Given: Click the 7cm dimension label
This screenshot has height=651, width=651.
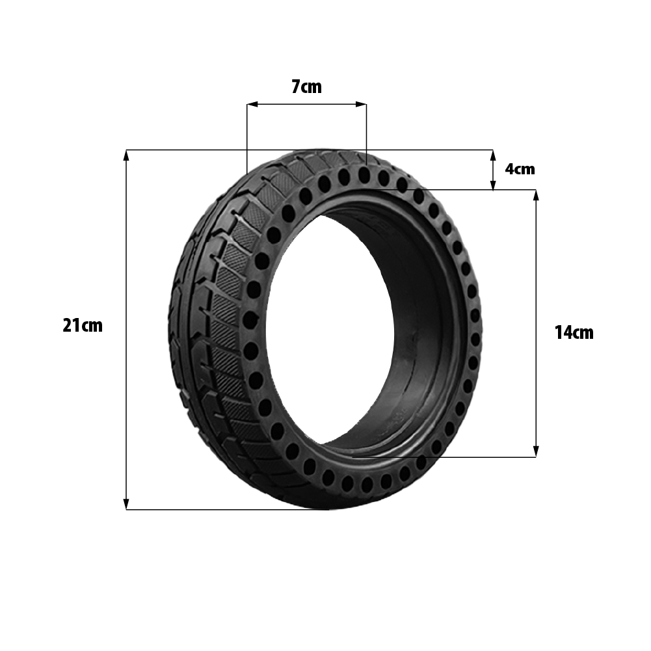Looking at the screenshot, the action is tap(306, 86).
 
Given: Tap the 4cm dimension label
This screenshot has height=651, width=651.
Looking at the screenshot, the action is tap(520, 169).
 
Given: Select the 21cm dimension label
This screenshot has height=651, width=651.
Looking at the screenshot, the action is tap(82, 325).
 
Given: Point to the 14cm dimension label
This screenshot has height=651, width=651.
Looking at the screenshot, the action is tap(574, 332).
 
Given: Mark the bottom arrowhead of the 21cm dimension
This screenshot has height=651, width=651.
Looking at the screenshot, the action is tap(126, 503).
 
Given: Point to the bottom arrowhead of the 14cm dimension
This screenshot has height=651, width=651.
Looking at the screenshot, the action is tap(536, 451).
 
